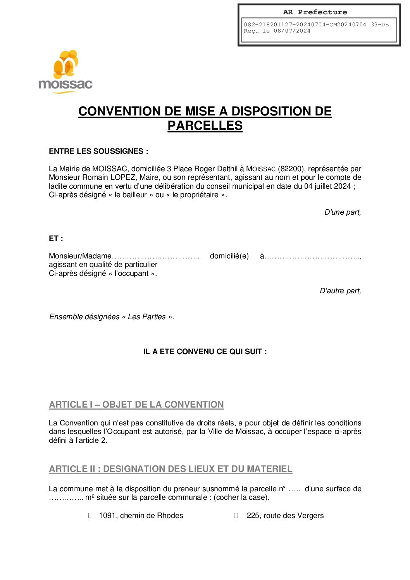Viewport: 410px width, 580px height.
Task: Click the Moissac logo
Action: tap(65, 72)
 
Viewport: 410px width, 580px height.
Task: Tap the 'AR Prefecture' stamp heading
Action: tap(315, 12)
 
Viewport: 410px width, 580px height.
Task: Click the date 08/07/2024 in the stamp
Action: tap(292, 31)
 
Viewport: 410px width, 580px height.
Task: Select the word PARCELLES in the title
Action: tap(205, 126)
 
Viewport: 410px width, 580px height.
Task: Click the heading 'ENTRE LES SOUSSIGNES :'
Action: tap(98, 151)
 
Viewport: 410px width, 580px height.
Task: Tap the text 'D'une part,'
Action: tap(342, 212)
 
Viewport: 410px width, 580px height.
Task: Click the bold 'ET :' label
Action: tap(56, 238)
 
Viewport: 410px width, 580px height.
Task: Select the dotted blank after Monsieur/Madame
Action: tap(155, 256)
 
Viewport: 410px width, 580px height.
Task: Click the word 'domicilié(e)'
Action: tap(229, 256)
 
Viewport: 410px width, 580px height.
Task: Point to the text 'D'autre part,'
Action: tap(340, 291)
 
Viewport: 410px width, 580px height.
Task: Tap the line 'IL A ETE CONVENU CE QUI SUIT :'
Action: tap(205, 351)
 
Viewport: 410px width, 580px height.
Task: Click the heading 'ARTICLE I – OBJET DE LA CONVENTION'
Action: tap(136, 404)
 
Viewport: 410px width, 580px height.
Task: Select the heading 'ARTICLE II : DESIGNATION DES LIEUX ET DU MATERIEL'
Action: tap(171, 469)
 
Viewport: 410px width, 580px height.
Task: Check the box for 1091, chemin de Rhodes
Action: tap(90, 515)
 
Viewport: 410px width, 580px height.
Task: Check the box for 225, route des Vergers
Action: tap(236, 515)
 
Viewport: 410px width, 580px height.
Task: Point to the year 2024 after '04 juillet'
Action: tap(342, 186)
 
